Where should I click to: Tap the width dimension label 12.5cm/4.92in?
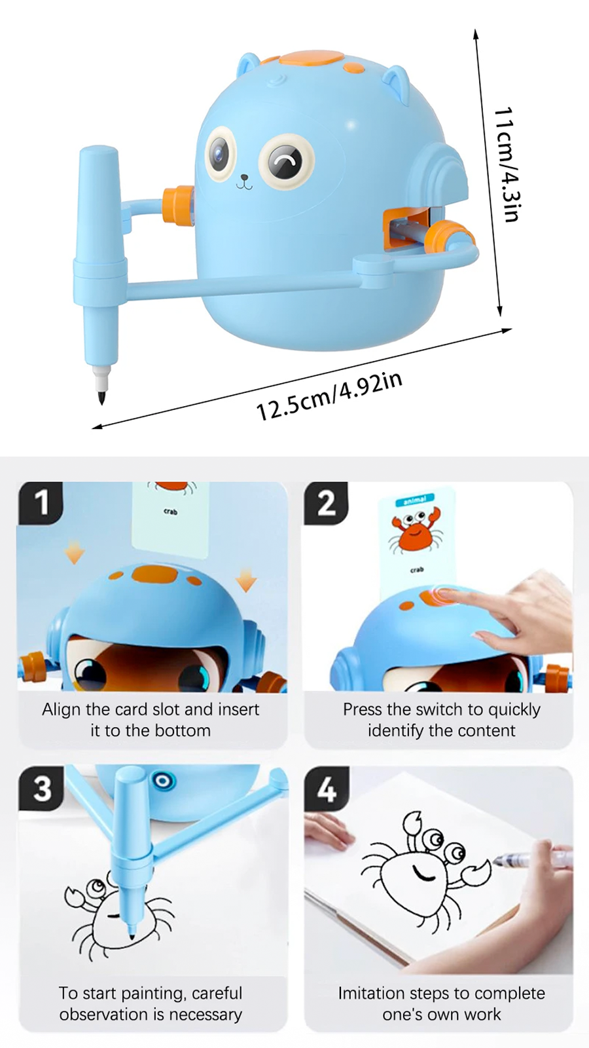329,396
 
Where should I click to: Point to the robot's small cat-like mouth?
244,182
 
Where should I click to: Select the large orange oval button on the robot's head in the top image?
311,58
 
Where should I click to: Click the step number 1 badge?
41,503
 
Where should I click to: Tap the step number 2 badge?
326,503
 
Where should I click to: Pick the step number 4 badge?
327,789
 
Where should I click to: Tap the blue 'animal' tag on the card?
414,500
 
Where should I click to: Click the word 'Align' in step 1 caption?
62,709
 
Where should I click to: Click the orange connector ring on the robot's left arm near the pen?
178,205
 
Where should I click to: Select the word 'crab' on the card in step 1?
170,512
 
